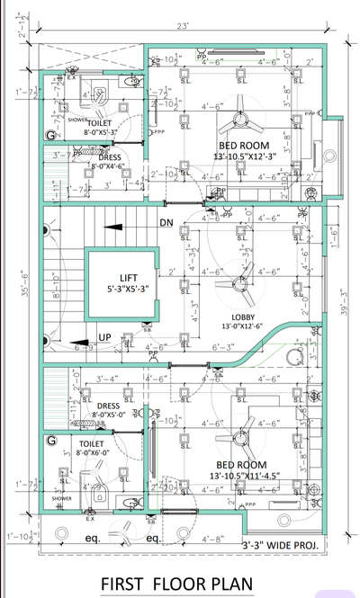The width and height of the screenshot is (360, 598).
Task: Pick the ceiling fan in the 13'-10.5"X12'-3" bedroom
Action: pyautogui.click(x=240, y=117)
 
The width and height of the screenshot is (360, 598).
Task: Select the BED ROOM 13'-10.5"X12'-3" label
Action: pyautogui.click(x=240, y=149)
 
